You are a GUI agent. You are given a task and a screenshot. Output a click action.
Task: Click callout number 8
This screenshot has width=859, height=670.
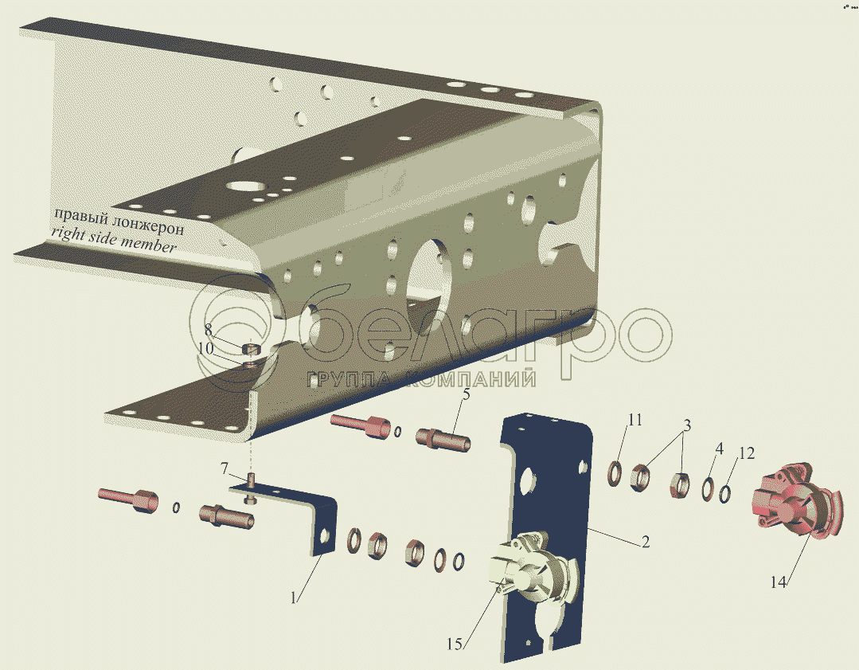coord(208,330)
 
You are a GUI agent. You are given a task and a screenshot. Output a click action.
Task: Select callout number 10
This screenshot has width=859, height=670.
coord(205,348)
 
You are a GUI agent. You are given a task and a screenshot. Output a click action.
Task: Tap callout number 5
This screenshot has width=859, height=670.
coord(467,394)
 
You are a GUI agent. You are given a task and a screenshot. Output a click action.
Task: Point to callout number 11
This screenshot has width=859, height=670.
coord(634,420)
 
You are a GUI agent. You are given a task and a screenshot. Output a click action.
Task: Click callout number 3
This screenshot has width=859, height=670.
coord(686,425)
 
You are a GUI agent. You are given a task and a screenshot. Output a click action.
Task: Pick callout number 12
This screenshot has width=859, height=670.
coord(747,453)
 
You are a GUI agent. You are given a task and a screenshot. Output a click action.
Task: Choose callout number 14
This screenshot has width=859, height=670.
coord(778,582)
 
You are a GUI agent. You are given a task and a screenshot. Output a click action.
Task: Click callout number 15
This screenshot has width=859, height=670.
coord(455,645)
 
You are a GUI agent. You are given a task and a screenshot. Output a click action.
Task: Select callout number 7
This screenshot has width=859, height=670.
coord(224,468)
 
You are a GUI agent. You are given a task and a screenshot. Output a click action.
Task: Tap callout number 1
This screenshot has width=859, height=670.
coord(294,598)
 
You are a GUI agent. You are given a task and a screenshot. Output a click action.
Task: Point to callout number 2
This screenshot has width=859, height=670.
coord(646,542)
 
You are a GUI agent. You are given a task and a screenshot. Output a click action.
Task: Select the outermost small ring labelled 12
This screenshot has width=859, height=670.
coord(724,493)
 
